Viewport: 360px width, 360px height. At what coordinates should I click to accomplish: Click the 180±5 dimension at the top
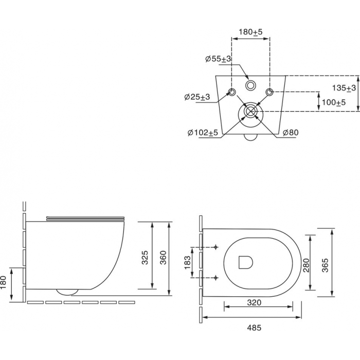pyautogui.click(x=250, y=32)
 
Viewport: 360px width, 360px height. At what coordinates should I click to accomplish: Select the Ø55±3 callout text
pyautogui.click(x=218, y=59)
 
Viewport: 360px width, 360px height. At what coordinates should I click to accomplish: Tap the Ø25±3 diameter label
pyautogui.click(x=197, y=97)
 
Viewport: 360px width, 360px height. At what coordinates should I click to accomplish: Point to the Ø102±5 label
pyautogui.click(x=203, y=133)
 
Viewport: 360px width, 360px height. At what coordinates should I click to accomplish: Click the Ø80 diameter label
pyautogui.click(x=291, y=133)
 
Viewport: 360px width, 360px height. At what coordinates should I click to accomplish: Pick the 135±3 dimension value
pyautogui.click(x=344, y=88)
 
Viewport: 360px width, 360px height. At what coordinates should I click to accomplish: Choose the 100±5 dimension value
pyautogui.click(x=334, y=102)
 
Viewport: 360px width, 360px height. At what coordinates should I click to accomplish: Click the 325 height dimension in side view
pyautogui.click(x=145, y=258)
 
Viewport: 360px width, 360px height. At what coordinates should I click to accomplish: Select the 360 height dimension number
pyautogui.click(x=163, y=258)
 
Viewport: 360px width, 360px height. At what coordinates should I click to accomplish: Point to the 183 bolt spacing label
pyautogui.click(x=188, y=262)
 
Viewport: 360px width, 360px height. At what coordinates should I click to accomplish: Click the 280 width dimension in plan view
pyautogui.click(x=307, y=265)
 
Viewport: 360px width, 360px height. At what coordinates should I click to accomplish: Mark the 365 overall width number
pyautogui.click(x=325, y=265)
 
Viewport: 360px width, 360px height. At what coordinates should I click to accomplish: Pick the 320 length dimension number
pyautogui.click(x=255, y=302)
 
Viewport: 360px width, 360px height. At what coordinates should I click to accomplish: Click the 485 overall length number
pyautogui.click(x=255, y=328)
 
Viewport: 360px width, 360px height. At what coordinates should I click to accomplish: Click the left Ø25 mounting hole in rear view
pyautogui.click(x=232, y=92)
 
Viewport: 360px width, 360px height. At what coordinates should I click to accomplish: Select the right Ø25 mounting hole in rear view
pyautogui.click(x=269, y=92)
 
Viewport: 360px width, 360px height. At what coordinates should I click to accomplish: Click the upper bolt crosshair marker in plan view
pyautogui.click(x=215, y=247)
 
